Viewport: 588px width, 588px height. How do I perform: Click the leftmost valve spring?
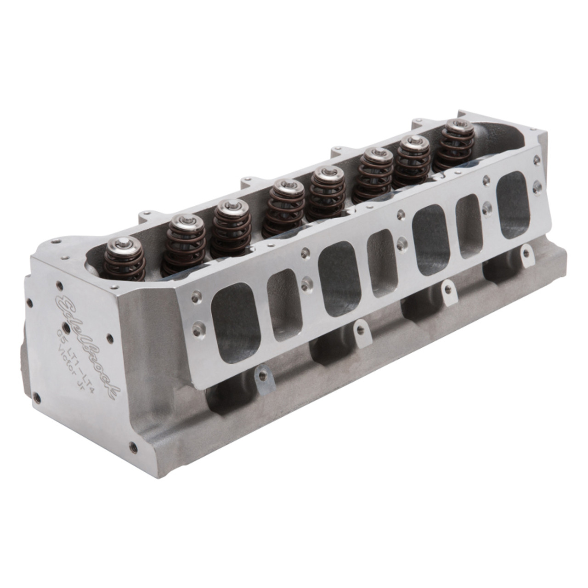(120, 266)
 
